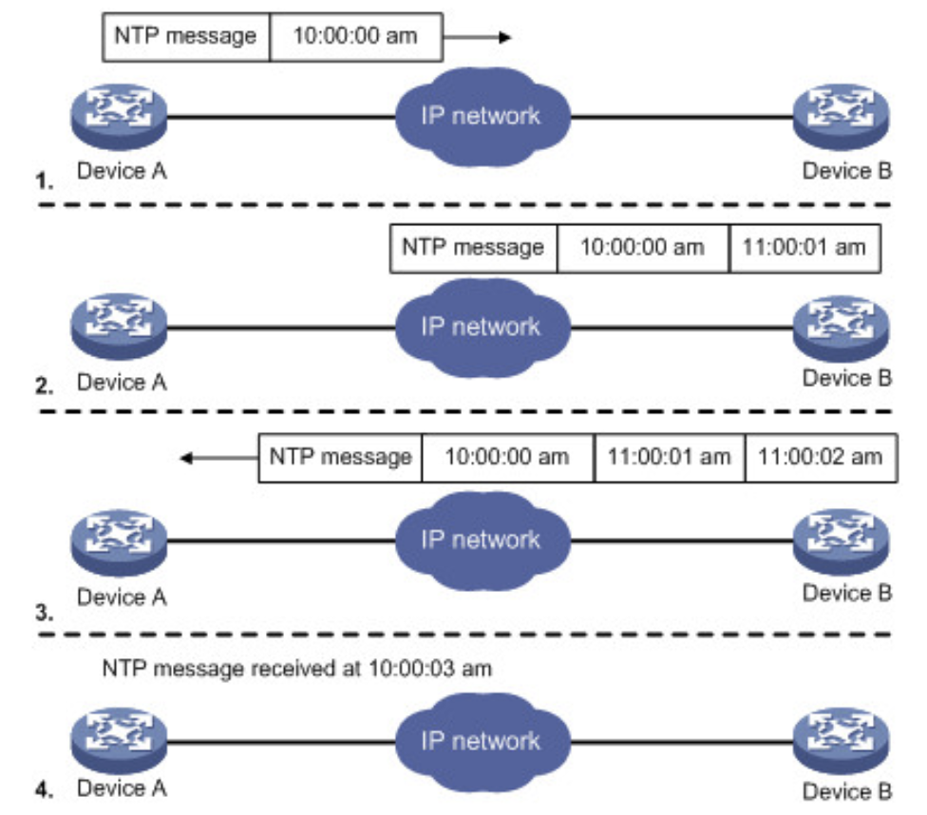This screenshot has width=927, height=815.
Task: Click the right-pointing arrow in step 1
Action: (479, 38)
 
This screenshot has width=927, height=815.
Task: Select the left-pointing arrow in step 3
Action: (218, 459)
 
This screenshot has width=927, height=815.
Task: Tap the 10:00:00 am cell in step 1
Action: (356, 37)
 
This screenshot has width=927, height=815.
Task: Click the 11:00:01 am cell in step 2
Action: (805, 248)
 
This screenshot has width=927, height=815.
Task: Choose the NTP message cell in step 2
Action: (473, 248)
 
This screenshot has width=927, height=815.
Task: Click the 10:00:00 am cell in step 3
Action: (507, 457)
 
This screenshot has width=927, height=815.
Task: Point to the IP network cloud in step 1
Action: (482, 116)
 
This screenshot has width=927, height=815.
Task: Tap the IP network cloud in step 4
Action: (482, 741)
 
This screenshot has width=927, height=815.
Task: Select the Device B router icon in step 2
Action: (842, 326)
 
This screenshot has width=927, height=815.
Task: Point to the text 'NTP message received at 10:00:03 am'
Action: (297, 669)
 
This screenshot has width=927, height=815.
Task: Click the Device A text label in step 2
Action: (122, 383)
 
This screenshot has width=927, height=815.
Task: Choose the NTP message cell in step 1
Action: (185, 37)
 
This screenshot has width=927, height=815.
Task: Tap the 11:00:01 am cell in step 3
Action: (669, 457)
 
